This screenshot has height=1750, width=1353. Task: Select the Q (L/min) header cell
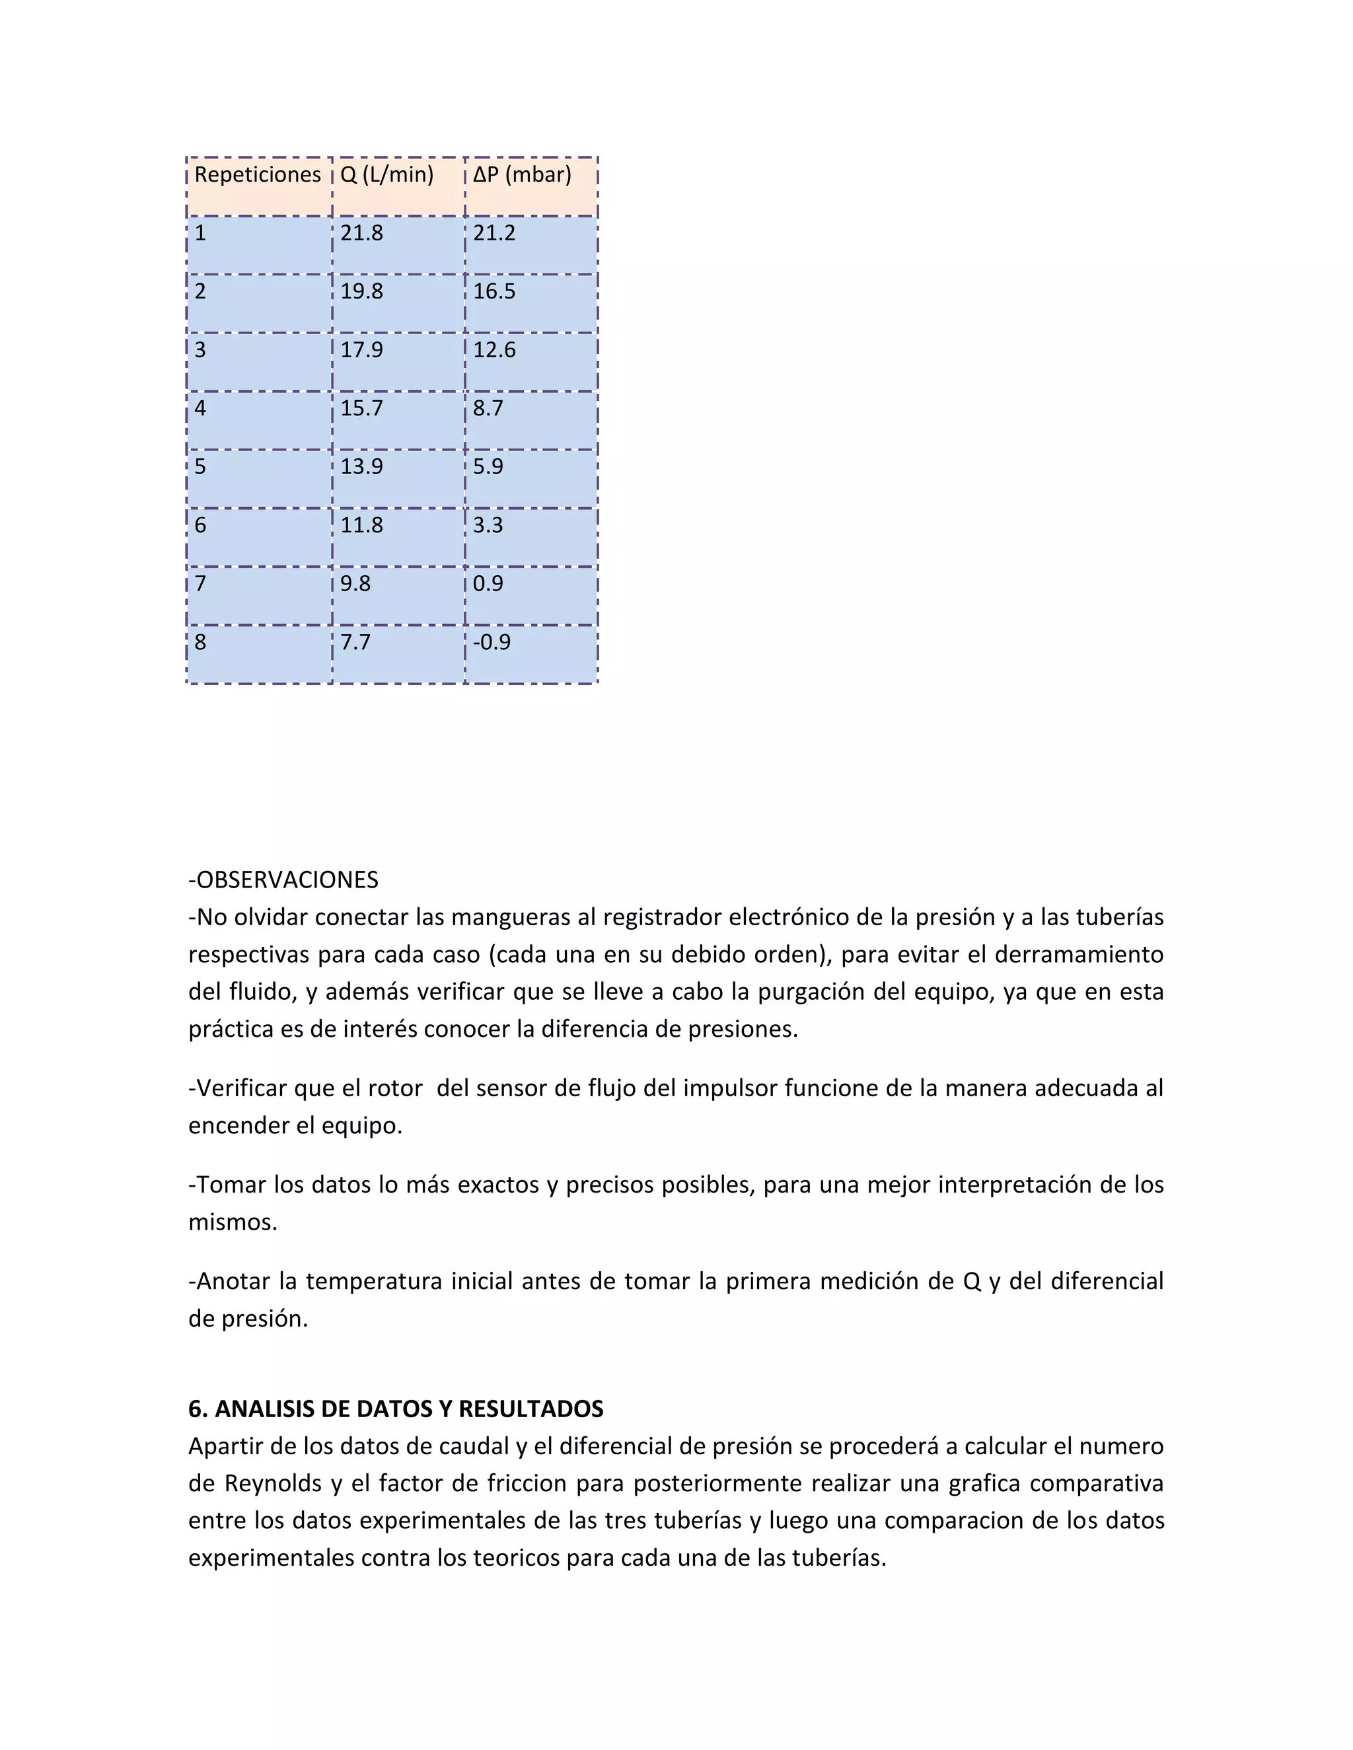pyautogui.click(x=386, y=175)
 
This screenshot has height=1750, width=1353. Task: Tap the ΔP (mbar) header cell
pyautogui.click(x=522, y=175)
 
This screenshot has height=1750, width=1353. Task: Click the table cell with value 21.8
pyautogui.click(x=361, y=233)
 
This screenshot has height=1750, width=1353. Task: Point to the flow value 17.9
pyautogui.click(x=361, y=350)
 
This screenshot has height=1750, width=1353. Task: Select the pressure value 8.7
pyautogui.click(x=488, y=409)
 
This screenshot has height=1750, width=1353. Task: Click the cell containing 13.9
pyautogui.click(x=361, y=467)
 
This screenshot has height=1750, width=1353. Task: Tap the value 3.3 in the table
pyautogui.click(x=488, y=526)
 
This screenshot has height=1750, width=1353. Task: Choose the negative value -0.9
pyautogui.click(x=492, y=643)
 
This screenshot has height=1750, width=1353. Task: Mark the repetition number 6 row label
pyautogui.click(x=200, y=526)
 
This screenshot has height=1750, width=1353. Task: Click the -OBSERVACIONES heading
pyautogui.click(x=283, y=880)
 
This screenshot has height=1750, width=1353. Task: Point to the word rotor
pyautogui.click(x=394, y=1088)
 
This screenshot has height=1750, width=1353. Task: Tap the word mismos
pyautogui.click(x=233, y=1222)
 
